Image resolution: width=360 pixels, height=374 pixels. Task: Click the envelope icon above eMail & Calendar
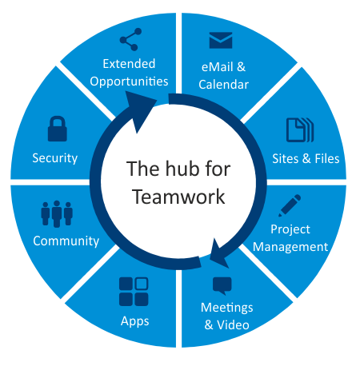pyautogui.click(x=221, y=40)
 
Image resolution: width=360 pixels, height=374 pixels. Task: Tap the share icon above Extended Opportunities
pyautogui.click(x=130, y=39)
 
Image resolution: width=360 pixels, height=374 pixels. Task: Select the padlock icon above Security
pyautogui.click(x=58, y=129)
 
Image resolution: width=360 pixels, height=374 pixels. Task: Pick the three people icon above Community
pyautogui.click(x=57, y=214)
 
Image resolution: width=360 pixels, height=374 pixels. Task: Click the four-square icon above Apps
pyautogui.click(x=134, y=292)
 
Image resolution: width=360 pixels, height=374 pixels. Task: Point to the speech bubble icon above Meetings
pyautogui.click(x=222, y=286)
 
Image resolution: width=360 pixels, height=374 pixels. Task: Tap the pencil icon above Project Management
pyautogui.click(x=290, y=205)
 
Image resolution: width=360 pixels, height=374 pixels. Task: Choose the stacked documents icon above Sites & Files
pyautogui.click(x=300, y=130)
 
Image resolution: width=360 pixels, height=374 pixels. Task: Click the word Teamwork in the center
pyautogui.click(x=178, y=197)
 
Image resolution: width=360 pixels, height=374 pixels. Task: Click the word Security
pyautogui.click(x=55, y=158)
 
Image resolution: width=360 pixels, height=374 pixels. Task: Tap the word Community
pyautogui.click(x=66, y=241)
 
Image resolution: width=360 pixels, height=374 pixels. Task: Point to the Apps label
pyautogui.click(x=135, y=321)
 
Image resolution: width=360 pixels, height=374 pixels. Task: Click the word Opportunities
pyautogui.click(x=129, y=82)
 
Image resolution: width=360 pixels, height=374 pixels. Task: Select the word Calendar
pyautogui.click(x=224, y=85)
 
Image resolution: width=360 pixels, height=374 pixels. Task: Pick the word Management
pyautogui.click(x=290, y=247)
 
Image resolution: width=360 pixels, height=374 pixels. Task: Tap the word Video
pyautogui.click(x=233, y=325)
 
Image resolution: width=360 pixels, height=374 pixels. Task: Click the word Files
pyautogui.click(x=327, y=159)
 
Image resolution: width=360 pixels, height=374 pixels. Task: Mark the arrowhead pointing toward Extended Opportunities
pyautogui.click(x=139, y=110)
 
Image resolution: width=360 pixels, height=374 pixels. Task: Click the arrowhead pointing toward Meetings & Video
pyautogui.click(x=219, y=253)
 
